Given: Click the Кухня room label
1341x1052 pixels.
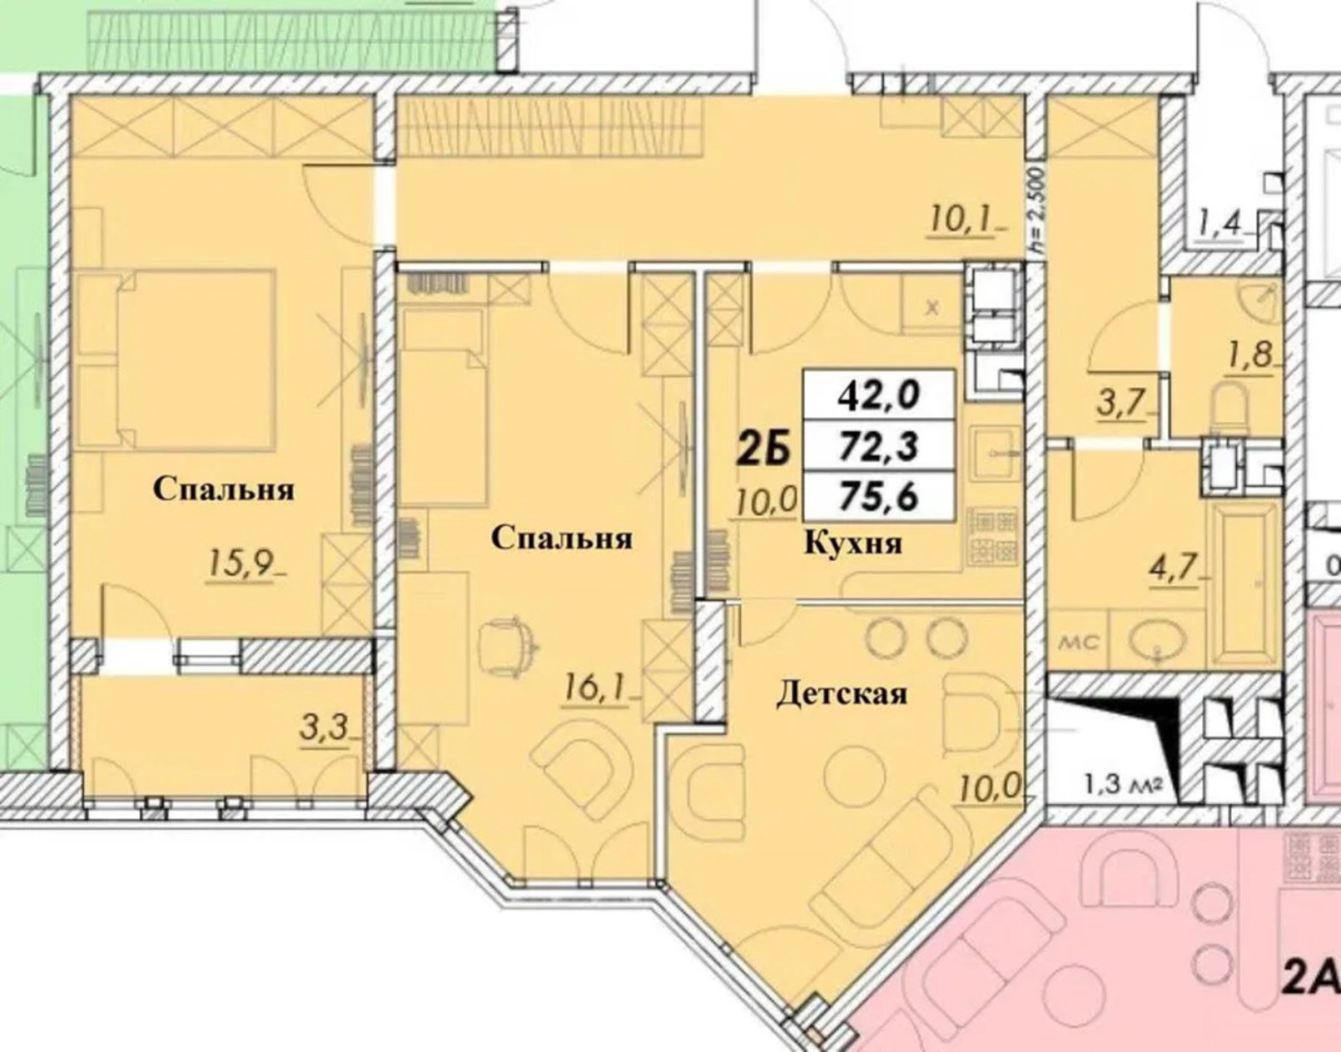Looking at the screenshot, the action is click(853, 544).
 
